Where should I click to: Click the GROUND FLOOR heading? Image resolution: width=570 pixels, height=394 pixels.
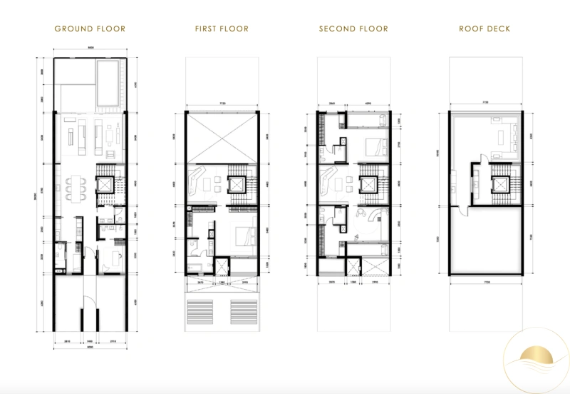(90, 29)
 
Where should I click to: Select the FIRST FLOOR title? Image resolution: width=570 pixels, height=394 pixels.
(221, 29)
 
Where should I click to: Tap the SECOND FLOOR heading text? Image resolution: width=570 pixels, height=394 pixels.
(353, 29)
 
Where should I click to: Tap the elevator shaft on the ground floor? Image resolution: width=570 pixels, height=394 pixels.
(105, 184)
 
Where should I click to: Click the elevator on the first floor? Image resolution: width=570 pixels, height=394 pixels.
(237, 184)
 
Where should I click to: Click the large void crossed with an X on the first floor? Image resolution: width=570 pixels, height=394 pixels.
(222, 139)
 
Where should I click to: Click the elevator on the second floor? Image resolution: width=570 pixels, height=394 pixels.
(368, 184)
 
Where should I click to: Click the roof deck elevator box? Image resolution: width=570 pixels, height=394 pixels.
(500, 184)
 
